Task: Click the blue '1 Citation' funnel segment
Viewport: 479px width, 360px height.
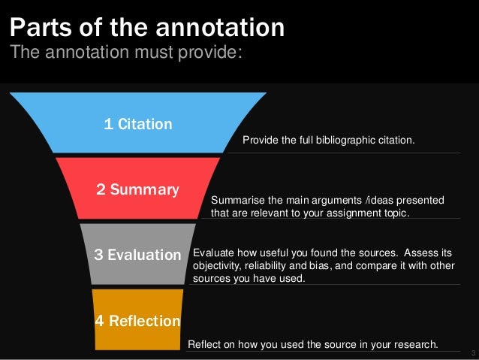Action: tap(138, 124)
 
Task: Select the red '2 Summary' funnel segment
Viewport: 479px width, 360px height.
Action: tap(137, 189)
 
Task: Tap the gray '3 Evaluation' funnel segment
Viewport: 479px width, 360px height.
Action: tap(137, 255)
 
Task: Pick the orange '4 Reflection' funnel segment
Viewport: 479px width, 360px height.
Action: tap(137, 321)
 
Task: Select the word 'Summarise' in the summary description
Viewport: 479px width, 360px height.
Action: tap(236, 200)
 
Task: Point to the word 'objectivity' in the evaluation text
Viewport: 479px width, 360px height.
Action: tap(218, 266)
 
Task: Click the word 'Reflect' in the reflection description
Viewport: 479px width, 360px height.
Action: tap(203, 344)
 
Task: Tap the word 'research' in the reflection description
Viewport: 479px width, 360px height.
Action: tap(412, 344)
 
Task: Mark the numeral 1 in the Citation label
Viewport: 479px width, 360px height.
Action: tap(108, 124)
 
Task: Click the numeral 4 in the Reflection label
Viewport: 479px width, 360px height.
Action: tap(100, 321)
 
